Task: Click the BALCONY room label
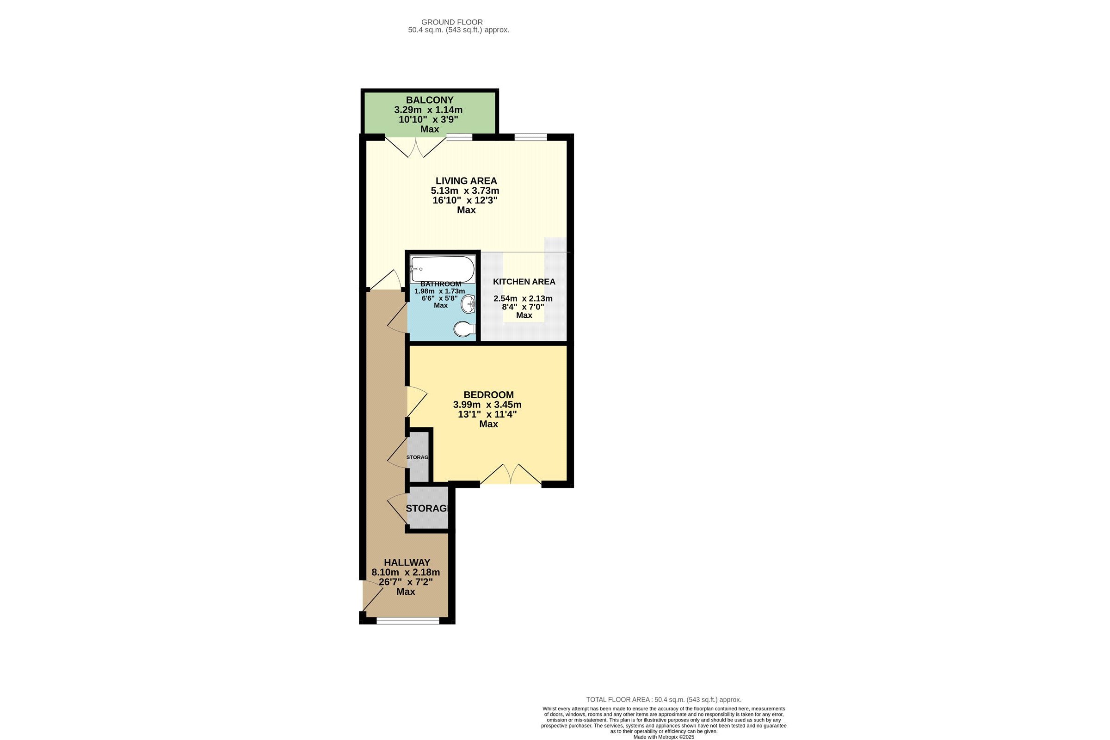tap(430, 100)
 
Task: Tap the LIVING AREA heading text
tap(466, 181)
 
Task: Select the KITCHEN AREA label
tap(524, 282)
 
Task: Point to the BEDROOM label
tap(488, 395)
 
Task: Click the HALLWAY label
tap(407, 562)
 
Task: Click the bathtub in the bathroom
tap(442, 269)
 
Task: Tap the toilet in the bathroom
tap(464, 329)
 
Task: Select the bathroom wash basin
tap(469, 304)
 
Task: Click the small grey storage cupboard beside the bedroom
tap(418, 457)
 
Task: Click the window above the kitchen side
tap(530, 137)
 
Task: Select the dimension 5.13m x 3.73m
tap(465, 191)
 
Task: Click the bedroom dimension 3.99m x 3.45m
tap(487, 404)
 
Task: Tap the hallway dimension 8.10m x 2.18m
tap(406, 573)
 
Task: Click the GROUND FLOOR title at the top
tap(452, 22)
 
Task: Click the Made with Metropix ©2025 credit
tap(664, 737)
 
